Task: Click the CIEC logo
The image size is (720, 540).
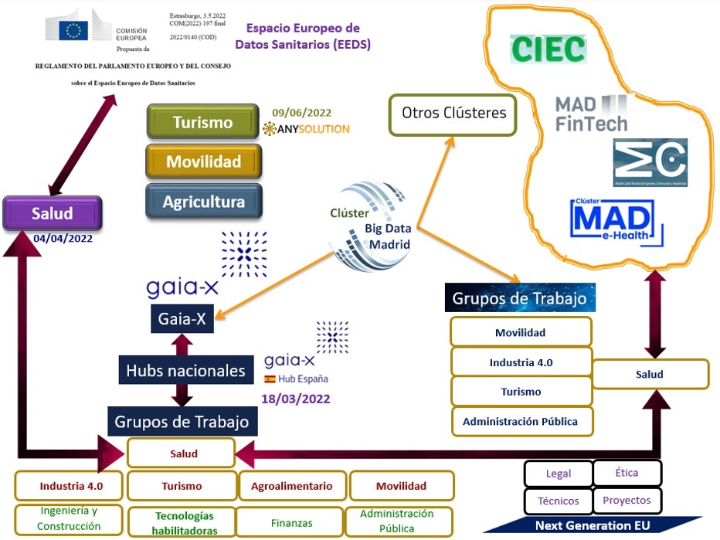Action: pos(548,49)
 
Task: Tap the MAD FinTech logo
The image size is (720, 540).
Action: pos(592,113)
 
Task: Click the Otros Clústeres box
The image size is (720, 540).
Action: pos(453,114)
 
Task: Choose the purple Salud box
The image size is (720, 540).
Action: pos(53,213)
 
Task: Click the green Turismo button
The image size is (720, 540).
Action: pos(202,122)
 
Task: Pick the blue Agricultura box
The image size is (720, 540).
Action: pos(204,202)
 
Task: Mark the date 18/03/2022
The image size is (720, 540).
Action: pos(296,399)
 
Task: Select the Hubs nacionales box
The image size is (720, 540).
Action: pos(185,371)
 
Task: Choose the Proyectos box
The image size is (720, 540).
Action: pos(627,500)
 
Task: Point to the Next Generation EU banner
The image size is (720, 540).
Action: pos(593,525)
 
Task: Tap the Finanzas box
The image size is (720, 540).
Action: pos(291,523)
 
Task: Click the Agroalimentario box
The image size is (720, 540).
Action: pos(291,486)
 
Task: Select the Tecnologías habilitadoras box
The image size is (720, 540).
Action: pos(183,523)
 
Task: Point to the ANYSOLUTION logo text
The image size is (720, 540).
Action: pos(307,129)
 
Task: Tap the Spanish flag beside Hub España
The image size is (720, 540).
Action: pos(270,379)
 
